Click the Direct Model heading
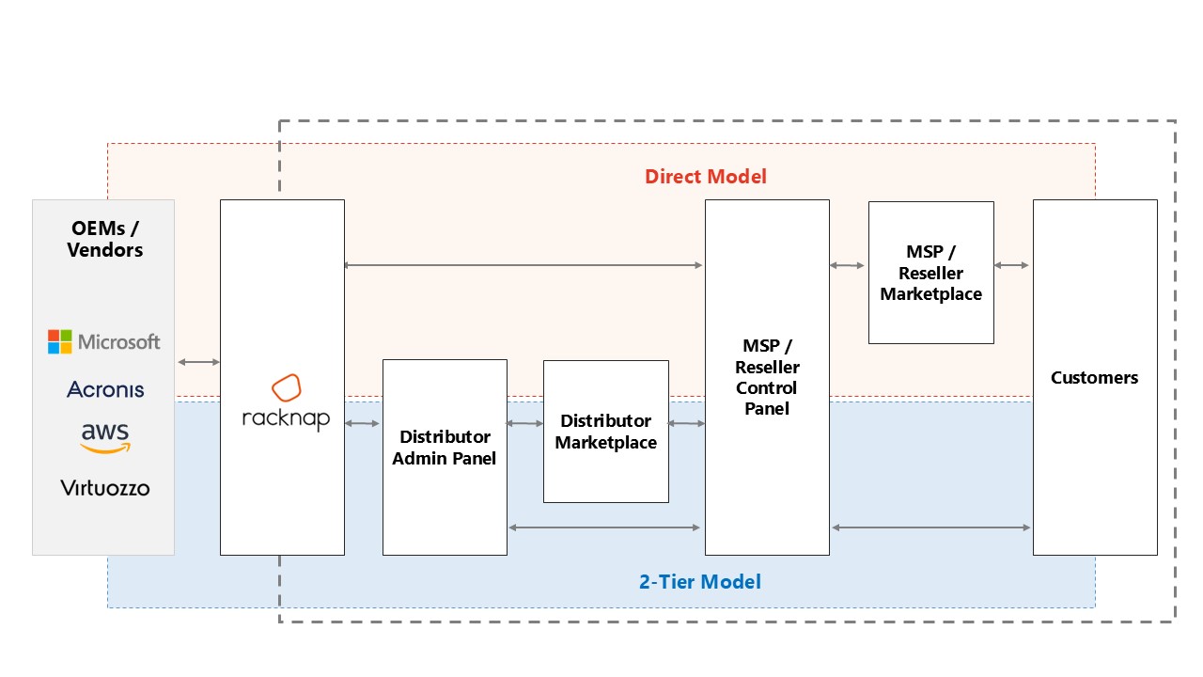tap(705, 176)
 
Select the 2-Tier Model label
tap(700, 582)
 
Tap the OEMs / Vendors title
tap(104, 239)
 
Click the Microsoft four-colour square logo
tap(59, 341)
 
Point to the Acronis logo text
tap(105, 389)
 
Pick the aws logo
tap(105, 438)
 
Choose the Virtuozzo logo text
tap(104, 488)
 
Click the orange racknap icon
tap(287, 387)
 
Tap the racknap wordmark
tap(286, 418)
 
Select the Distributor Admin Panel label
tap(445, 448)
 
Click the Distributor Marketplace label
tap(606, 432)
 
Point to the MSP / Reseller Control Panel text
tap(767, 377)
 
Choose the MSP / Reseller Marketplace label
tap(930, 273)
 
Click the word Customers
tap(1095, 378)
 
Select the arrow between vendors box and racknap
tap(198, 362)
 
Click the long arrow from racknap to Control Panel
tap(523, 265)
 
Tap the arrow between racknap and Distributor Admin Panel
tap(363, 423)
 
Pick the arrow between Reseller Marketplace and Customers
tap(1011, 265)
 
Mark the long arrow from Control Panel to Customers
tap(931, 527)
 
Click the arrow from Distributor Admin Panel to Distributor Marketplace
tap(524, 423)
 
